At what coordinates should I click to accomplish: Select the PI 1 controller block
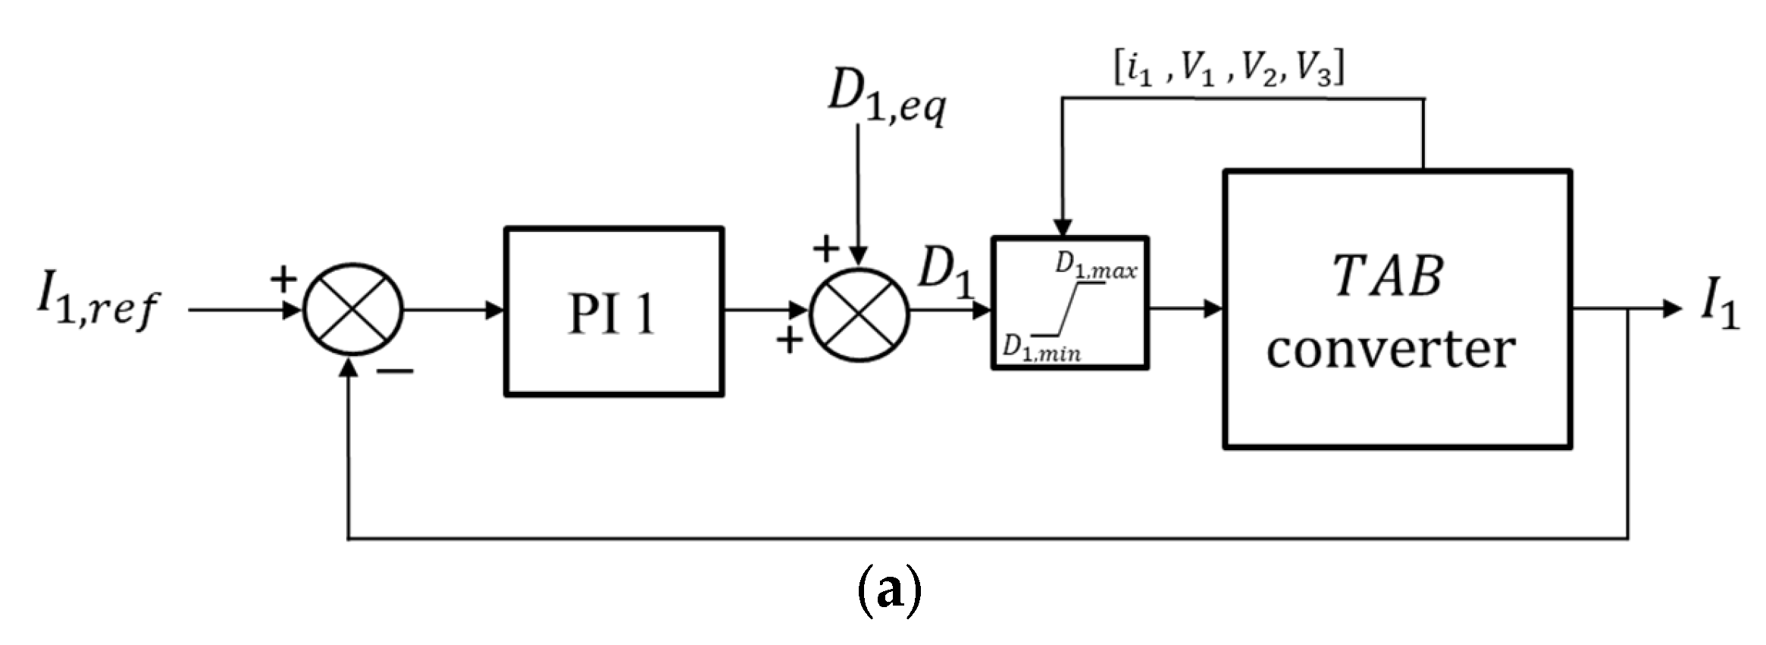pos(613,312)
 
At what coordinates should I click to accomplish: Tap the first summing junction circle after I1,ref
pos(352,309)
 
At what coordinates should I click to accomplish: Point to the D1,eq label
pos(885,99)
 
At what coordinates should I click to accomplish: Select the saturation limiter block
pos(1069,303)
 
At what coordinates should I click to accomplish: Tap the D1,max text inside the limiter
pos(1096,266)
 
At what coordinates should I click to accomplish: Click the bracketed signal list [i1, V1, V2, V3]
pos(1228,70)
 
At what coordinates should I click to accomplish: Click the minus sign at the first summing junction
pos(396,371)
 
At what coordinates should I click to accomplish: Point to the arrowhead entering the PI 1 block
pos(496,310)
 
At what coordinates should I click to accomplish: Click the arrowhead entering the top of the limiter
pos(1063,228)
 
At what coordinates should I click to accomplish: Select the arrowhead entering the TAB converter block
pos(1213,308)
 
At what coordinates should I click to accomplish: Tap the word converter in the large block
pos(1390,350)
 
